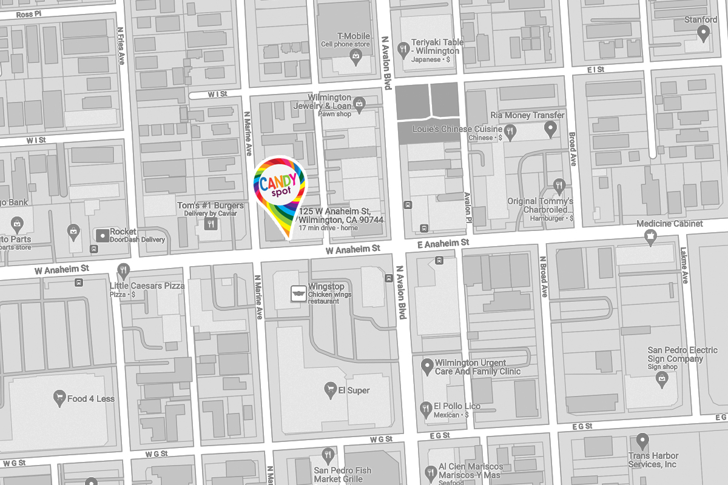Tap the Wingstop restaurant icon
(x=298, y=292)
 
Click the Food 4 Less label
(x=90, y=399)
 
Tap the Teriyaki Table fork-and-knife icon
(x=402, y=48)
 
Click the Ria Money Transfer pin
(x=550, y=128)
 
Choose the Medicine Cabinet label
(x=669, y=224)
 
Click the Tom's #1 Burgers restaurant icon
(x=211, y=224)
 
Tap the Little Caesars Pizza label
(x=147, y=286)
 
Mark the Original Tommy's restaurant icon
(x=559, y=184)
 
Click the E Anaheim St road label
(x=443, y=242)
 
